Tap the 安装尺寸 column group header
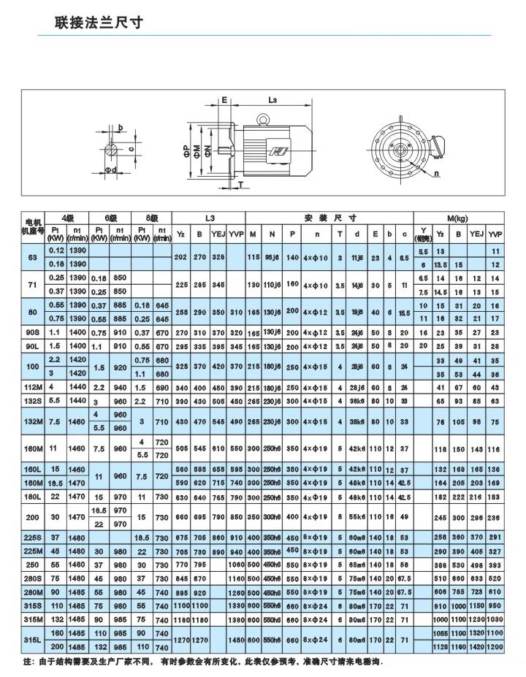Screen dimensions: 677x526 [x=329, y=218]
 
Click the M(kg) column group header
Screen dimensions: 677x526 [x=460, y=218]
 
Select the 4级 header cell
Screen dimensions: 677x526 [x=67, y=218]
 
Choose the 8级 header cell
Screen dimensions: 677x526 [x=152, y=218]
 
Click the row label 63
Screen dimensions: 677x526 [x=31, y=257]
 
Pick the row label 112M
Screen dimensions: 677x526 [x=31, y=387]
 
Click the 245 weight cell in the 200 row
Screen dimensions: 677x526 [x=440, y=518]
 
